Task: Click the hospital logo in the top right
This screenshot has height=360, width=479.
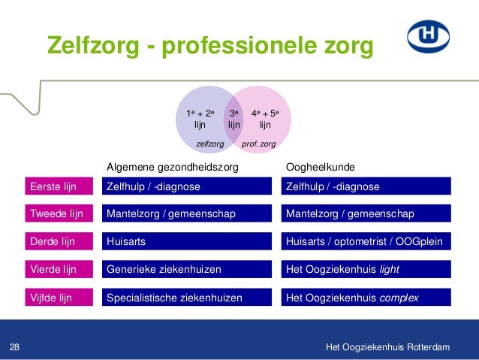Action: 428,36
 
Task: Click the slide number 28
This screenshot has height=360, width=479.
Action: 14,346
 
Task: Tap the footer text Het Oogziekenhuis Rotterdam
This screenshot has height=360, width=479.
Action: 388,346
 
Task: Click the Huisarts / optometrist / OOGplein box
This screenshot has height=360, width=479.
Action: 366,242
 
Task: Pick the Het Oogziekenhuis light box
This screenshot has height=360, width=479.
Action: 366,270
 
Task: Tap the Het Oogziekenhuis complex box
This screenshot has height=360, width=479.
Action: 366,298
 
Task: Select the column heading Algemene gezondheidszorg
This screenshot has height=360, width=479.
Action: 173,166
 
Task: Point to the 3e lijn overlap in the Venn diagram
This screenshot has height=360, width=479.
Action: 234,119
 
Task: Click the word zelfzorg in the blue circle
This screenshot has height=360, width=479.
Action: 210,141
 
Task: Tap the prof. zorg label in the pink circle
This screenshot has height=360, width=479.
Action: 259,141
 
